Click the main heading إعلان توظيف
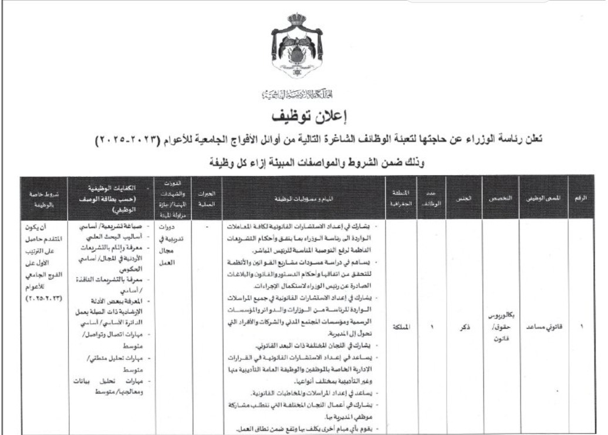click(303, 114)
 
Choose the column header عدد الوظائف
click(431, 200)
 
